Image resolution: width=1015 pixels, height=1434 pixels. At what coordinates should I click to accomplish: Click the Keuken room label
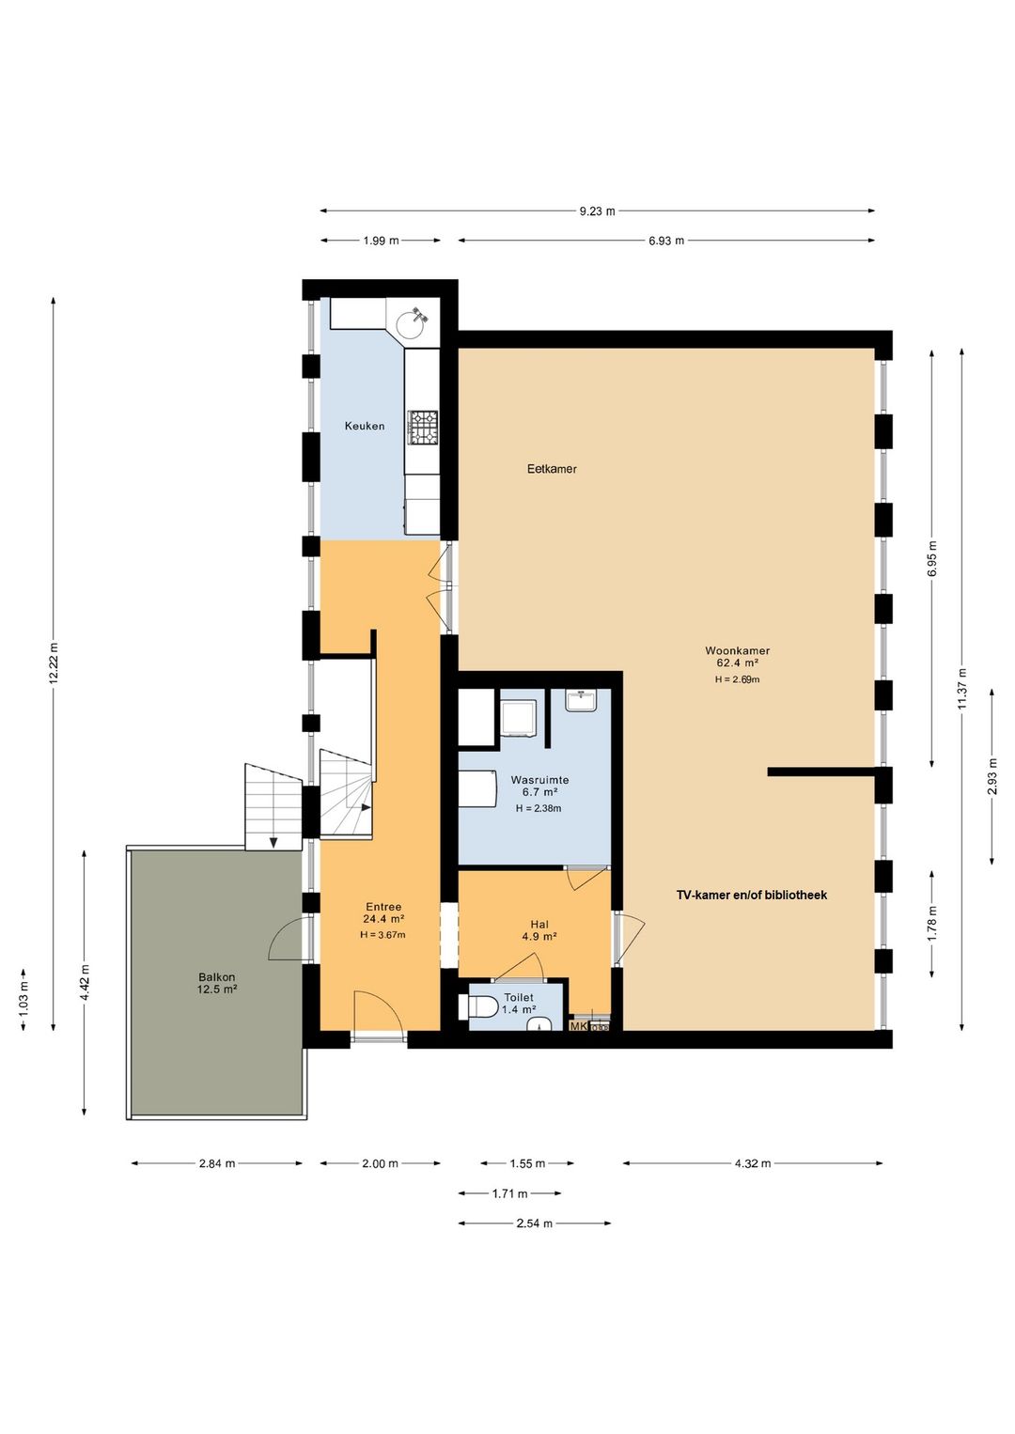(365, 426)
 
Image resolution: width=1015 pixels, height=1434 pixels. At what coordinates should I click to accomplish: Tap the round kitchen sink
(411, 324)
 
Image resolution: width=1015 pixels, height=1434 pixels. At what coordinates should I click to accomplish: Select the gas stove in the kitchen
(423, 428)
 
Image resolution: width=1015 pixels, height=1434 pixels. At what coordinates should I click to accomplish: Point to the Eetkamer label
(552, 469)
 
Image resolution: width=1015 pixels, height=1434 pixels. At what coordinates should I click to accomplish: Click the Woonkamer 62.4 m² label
(737, 656)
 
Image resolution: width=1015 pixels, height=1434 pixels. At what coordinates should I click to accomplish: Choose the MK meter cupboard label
(578, 1026)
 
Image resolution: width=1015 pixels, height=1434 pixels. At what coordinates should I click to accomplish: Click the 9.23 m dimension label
(597, 210)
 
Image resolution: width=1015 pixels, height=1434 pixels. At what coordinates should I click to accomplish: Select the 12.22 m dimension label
(54, 663)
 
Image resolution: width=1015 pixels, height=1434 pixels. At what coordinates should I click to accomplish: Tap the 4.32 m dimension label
(753, 1163)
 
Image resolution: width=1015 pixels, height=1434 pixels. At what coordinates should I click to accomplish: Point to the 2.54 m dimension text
(534, 1224)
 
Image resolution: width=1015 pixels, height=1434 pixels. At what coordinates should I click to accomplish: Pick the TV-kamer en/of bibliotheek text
(752, 895)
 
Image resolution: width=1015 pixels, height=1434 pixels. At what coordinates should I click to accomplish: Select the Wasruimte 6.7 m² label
(539, 787)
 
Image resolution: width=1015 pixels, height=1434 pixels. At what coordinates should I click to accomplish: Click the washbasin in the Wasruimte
(581, 700)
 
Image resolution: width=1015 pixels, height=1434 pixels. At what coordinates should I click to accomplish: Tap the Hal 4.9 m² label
(539, 930)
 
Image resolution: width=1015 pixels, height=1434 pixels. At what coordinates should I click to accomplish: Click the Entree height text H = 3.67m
(383, 935)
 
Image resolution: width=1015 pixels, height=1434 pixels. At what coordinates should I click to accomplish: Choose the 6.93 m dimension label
(666, 241)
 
